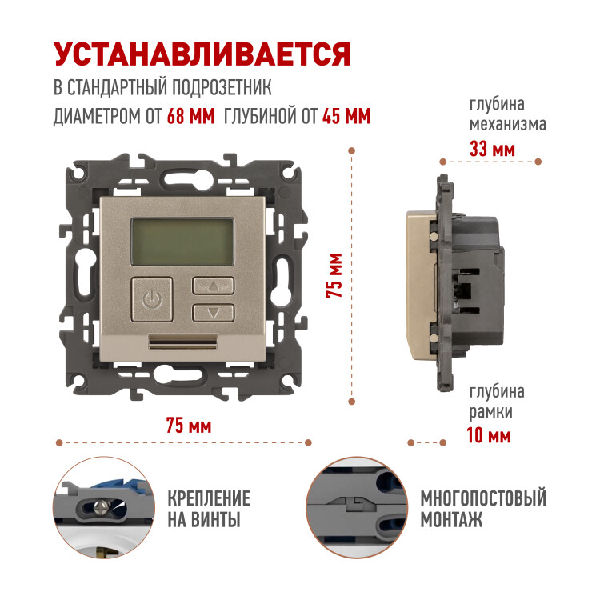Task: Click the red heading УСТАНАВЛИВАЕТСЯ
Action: click(202, 54)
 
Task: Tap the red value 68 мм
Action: click(190, 116)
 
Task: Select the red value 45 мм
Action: click(346, 116)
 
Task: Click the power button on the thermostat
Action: click(152, 299)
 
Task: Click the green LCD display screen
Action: click(182, 242)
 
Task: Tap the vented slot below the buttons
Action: click(182, 342)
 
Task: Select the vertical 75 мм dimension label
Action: click(334, 275)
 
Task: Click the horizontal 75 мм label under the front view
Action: click(189, 426)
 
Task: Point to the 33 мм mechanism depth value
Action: click(492, 149)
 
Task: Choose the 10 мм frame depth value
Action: click(489, 435)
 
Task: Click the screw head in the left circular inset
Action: click(101, 507)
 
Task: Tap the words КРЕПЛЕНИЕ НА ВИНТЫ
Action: click(209, 509)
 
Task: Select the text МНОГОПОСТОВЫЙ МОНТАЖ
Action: click(483, 509)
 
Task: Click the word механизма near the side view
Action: click(508, 124)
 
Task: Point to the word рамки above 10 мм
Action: click(491, 413)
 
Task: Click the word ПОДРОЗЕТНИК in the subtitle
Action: click(221, 87)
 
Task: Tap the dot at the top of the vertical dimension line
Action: click(352, 150)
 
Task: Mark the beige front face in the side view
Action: click(420, 285)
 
